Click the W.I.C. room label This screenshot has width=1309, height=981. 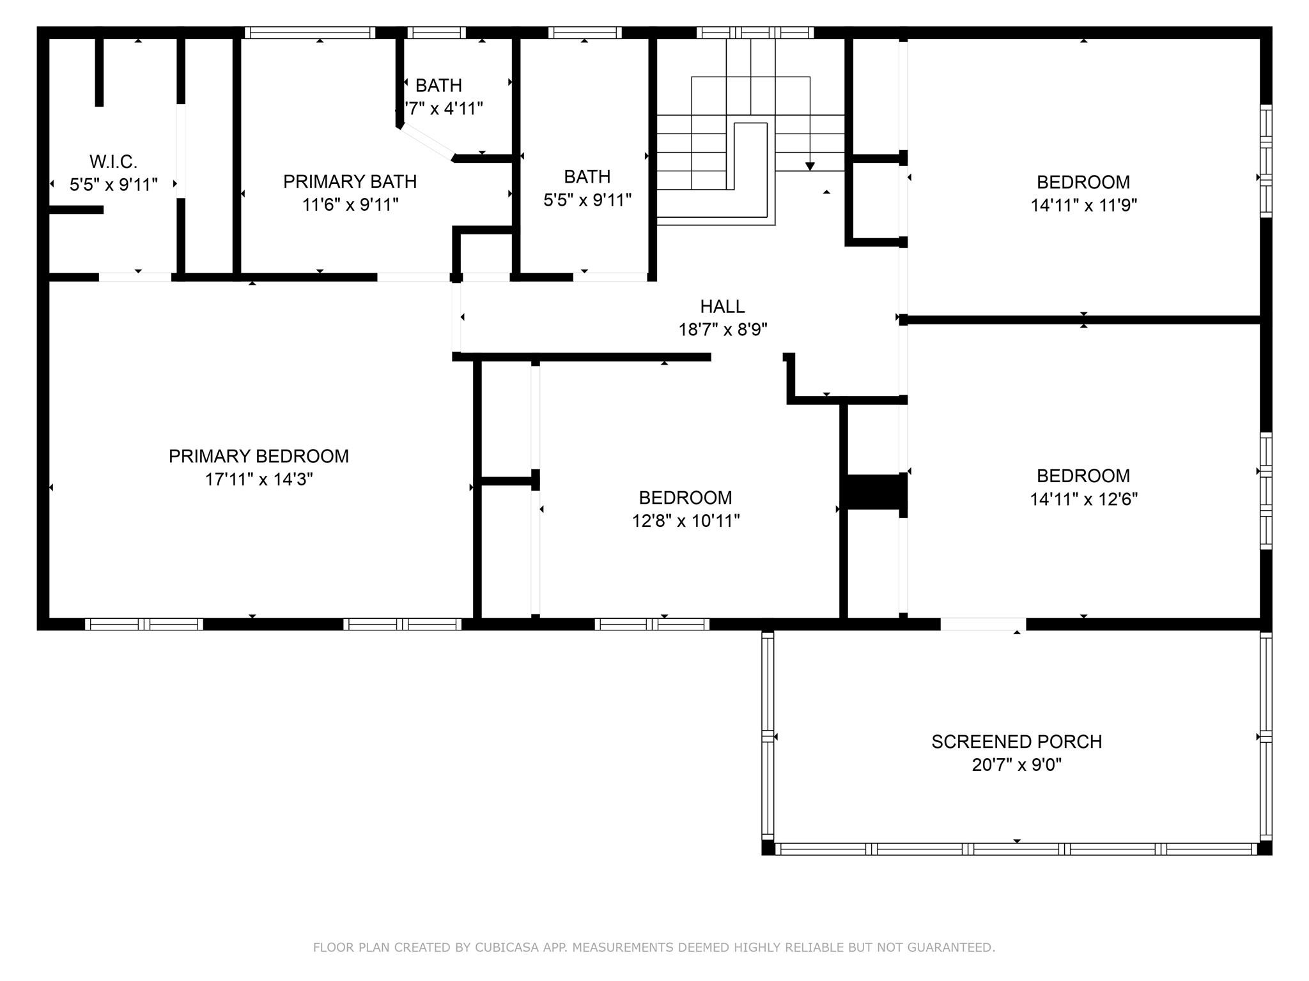(x=113, y=162)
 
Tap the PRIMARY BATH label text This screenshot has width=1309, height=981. (x=350, y=182)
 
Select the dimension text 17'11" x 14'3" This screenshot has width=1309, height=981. (x=258, y=480)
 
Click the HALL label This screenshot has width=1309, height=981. (x=722, y=307)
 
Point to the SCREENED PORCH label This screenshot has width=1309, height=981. (x=1016, y=741)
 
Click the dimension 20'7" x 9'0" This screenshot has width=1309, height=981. (x=1016, y=765)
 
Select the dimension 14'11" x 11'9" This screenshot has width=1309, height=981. (x=1083, y=206)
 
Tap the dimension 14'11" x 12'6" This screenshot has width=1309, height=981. (x=1083, y=499)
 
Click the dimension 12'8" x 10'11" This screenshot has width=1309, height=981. (x=686, y=521)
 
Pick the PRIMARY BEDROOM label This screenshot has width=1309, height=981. (x=258, y=457)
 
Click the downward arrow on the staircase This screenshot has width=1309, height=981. (x=810, y=166)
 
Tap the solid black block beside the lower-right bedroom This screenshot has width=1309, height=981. (x=873, y=492)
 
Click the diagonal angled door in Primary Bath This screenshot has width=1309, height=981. (x=427, y=141)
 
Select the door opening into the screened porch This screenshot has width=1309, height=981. (x=983, y=624)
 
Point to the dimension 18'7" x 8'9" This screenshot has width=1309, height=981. (x=722, y=330)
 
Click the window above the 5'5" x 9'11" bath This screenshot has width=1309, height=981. (x=585, y=33)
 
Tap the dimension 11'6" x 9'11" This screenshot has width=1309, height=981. (x=350, y=205)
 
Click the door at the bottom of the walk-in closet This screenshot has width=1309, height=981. (x=135, y=277)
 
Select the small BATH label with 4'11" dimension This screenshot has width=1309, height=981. (x=438, y=86)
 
